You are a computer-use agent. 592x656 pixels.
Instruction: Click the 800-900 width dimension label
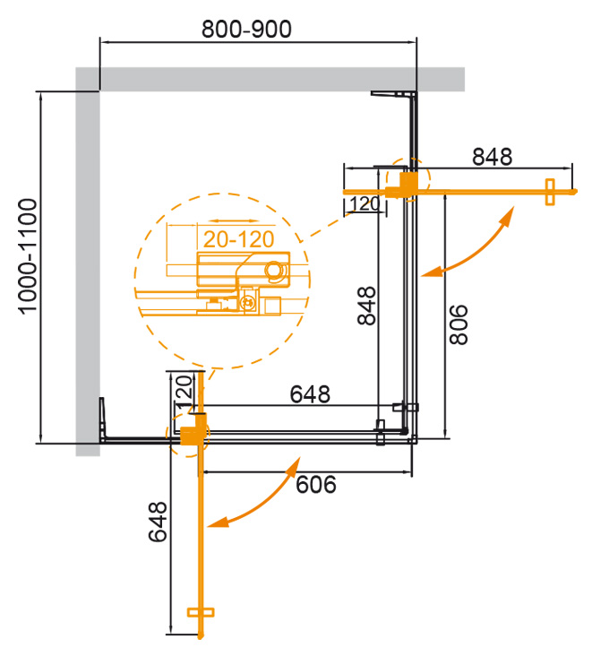click(245, 29)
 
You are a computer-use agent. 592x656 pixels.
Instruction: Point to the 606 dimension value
click(314, 485)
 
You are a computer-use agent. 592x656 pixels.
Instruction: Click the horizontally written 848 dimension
click(492, 156)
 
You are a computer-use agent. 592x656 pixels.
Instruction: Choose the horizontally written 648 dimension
click(310, 393)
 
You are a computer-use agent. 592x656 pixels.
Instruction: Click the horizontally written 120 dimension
click(364, 205)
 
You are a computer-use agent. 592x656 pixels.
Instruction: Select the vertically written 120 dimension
click(182, 392)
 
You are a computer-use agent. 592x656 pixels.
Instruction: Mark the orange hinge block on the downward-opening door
click(190, 435)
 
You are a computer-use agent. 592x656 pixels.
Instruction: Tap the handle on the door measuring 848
click(550, 191)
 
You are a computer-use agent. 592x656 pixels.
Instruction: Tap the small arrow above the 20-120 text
click(229, 222)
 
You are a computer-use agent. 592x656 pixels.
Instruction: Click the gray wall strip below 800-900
click(269, 79)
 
